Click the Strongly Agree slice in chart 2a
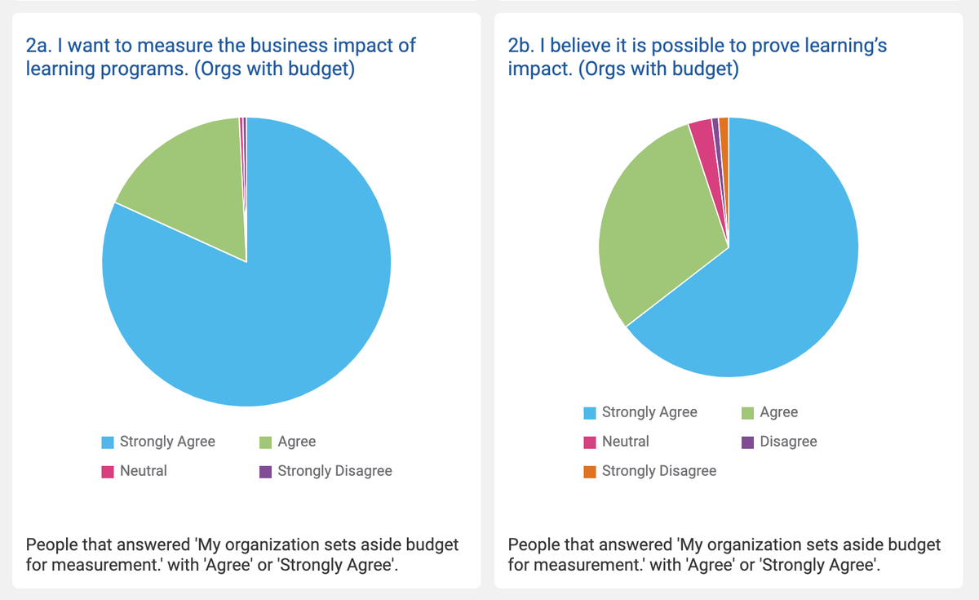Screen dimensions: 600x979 [269, 310]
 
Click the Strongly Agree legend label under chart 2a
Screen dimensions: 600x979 [167, 442]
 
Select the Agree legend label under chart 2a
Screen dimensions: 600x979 [296, 442]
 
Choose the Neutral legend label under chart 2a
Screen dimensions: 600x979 [143, 471]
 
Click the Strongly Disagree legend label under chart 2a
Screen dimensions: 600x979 [334, 471]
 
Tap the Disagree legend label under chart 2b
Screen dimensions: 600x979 [788, 442]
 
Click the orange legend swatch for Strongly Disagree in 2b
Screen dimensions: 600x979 [590, 472]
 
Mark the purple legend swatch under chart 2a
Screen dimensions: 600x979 [265, 472]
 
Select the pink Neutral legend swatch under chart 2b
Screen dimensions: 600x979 [590, 442]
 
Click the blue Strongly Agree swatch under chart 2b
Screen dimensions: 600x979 [590, 413]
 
